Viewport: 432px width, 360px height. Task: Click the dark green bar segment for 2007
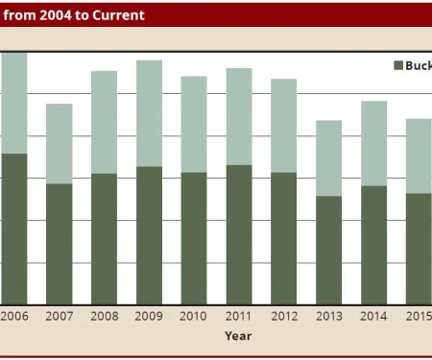point(60,244)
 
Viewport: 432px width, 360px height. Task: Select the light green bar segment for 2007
point(60,143)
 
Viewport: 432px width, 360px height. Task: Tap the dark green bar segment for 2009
point(149,235)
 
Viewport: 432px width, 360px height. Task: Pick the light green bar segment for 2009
point(149,113)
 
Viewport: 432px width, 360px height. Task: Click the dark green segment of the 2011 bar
point(239,234)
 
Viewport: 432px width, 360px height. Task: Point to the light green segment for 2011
point(239,116)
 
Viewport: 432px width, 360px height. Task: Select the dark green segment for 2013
point(329,250)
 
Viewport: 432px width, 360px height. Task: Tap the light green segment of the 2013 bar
point(329,158)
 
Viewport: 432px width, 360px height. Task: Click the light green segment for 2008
point(104,122)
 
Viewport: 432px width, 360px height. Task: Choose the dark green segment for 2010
point(194,238)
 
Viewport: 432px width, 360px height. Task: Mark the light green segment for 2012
point(284,126)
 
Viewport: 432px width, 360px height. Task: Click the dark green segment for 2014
point(374,245)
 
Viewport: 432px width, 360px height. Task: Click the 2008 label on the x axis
point(104,316)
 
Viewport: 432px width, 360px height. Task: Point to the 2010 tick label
point(194,316)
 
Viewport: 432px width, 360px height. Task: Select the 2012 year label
point(284,316)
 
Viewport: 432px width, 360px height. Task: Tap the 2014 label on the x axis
point(374,316)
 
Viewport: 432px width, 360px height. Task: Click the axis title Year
point(238,336)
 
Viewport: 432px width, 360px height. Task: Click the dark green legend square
point(398,65)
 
